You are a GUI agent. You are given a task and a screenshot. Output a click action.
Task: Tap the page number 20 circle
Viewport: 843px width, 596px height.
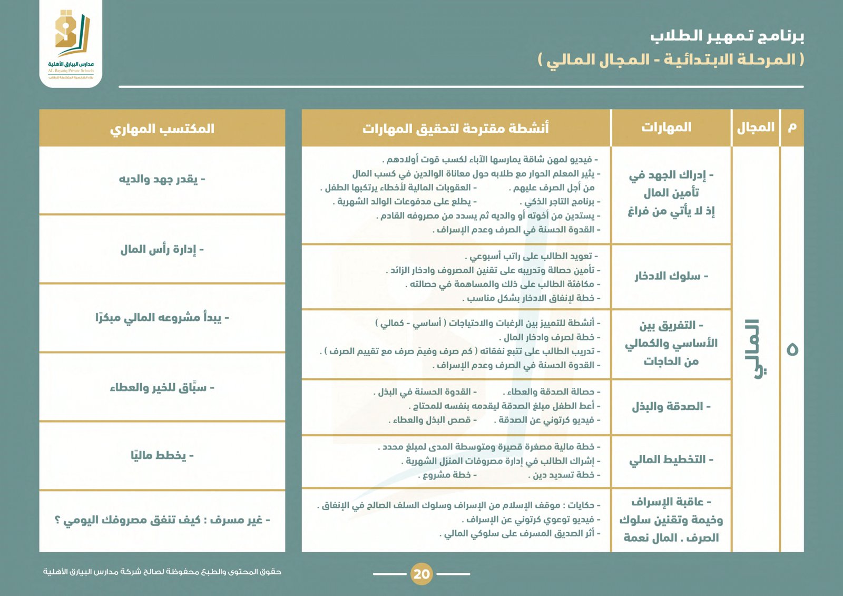pyautogui.click(x=421, y=574)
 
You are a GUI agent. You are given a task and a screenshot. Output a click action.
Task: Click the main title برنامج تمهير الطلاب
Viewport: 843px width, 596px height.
pyautogui.click(x=727, y=36)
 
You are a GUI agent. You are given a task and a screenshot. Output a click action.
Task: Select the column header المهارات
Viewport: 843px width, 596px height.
pyautogui.click(x=666, y=128)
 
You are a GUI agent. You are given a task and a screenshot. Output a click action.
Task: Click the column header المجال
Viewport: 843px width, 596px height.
pyautogui.click(x=756, y=128)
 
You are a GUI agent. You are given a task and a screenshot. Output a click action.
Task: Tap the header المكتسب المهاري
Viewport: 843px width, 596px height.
pyautogui.click(x=162, y=129)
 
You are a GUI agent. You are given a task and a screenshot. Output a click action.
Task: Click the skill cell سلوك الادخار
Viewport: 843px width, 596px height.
pyautogui.click(x=671, y=276)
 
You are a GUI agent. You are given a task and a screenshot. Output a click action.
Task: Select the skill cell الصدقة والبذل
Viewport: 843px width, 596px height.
pyautogui.click(x=671, y=407)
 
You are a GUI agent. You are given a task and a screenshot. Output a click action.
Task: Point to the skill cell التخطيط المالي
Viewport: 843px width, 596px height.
pyautogui.click(x=671, y=460)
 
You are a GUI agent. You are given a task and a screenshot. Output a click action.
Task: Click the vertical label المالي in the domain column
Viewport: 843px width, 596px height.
pyautogui.click(x=756, y=348)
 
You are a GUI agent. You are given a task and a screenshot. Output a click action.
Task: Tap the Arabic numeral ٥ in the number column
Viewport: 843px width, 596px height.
pyautogui.click(x=792, y=349)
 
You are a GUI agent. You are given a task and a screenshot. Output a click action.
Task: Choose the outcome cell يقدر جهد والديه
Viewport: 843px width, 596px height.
pyautogui.click(x=162, y=179)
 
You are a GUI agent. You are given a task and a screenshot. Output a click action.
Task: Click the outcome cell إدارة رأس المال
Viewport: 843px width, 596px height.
pyautogui.click(x=162, y=249)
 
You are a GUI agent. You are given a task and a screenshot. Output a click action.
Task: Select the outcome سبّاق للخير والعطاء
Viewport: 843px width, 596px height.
pyautogui.click(x=162, y=388)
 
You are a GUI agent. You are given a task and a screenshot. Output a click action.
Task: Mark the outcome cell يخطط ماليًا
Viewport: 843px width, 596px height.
pyautogui.click(x=162, y=455)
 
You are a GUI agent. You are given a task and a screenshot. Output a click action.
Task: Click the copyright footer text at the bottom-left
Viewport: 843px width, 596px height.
pyautogui.click(x=162, y=572)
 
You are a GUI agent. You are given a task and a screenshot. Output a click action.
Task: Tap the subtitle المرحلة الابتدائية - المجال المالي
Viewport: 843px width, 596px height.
pyautogui.click(x=671, y=60)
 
